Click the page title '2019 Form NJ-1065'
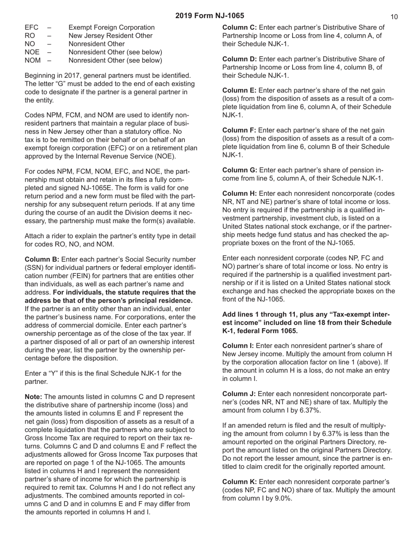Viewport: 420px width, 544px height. coord(210,16)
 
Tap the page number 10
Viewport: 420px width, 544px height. coord(394,17)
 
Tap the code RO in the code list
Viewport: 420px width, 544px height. coord(30,36)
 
